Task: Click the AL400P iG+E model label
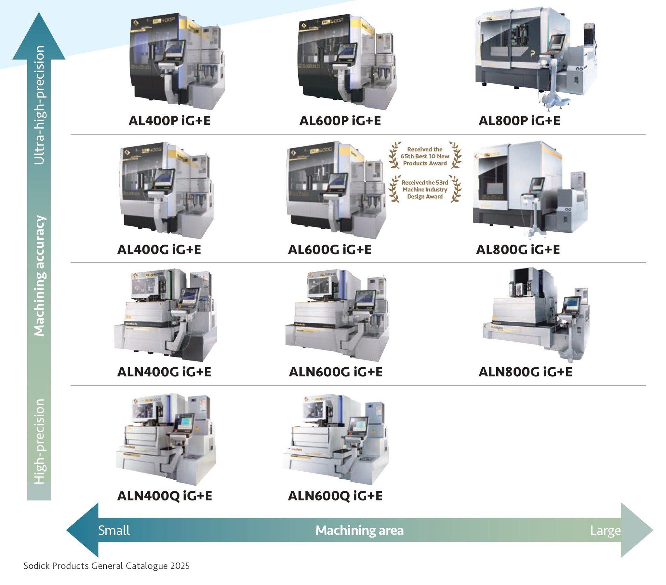tap(169, 121)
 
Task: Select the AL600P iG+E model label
tap(340, 121)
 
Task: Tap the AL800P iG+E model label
tap(519, 121)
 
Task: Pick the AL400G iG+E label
tap(159, 250)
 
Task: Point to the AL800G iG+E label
tap(518, 250)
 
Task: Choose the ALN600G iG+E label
tap(336, 372)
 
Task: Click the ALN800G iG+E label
tap(525, 372)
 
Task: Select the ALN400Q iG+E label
tap(165, 496)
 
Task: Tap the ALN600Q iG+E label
tap(335, 496)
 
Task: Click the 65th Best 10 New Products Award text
tap(425, 156)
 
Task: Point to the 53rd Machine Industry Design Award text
tap(425, 189)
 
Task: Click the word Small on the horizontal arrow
tap(114, 531)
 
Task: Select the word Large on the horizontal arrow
tap(606, 531)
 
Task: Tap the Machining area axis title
tap(359, 531)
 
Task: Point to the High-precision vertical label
tap(39, 441)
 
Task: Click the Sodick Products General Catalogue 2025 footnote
tap(106, 566)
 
